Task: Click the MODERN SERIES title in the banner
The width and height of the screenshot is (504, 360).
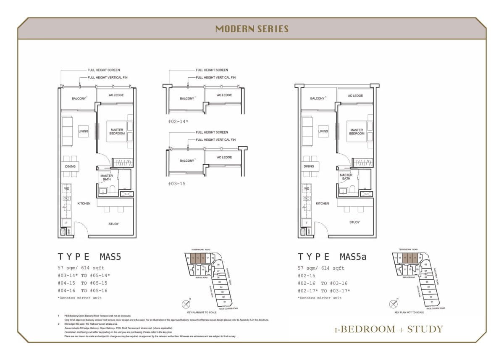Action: [252, 29]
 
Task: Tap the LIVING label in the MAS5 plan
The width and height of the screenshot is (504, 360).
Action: [83, 131]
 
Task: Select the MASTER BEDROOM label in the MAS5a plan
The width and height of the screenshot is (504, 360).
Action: [357, 132]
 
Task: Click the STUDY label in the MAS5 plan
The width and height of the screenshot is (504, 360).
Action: [113, 224]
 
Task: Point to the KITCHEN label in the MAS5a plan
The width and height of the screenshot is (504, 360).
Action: [322, 203]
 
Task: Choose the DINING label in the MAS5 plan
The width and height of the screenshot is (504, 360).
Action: [70, 166]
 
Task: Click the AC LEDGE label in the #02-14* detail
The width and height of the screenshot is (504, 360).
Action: [224, 95]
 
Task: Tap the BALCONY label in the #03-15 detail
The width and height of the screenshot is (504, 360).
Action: [187, 160]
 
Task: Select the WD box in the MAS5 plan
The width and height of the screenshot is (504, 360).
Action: [66, 189]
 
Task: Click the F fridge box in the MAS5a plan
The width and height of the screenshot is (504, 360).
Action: [307, 222]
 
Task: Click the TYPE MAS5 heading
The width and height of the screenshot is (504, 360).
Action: [89, 257]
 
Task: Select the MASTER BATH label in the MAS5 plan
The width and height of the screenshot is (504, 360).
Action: [107, 177]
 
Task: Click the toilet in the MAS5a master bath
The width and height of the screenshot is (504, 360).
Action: [352, 189]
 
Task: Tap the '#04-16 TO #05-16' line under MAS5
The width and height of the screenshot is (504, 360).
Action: [82, 291]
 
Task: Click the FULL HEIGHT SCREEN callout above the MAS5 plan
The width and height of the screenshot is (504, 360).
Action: [104, 70]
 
